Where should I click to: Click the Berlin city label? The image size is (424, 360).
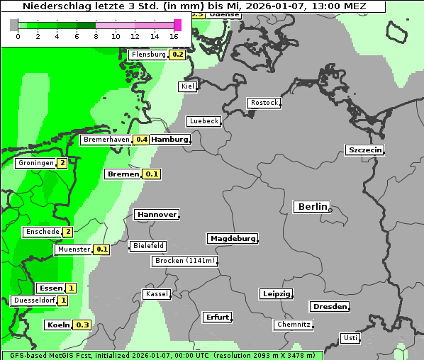click(312, 207)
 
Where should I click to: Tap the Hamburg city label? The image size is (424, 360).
click(170, 140)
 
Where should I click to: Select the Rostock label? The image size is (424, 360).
click(264, 103)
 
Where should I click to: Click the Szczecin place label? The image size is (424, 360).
click(364, 150)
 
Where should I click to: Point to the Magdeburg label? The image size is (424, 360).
click(232, 239)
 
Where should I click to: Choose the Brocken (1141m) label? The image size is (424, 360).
click(183, 261)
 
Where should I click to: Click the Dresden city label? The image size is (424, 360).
click(329, 307)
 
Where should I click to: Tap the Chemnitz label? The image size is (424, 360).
click(293, 325)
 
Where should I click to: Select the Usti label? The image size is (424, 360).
click(350, 338)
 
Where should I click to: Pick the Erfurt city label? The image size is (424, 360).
click(217, 317)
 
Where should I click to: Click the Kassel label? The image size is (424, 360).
click(157, 294)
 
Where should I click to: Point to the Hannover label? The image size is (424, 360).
click(156, 215)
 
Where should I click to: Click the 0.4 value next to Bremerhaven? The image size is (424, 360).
click(142, 140)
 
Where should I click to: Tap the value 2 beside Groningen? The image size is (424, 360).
click(62, 163)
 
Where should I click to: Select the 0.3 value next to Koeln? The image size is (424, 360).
click(82, 325)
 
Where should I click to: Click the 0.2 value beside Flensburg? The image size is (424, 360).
click(177, 55)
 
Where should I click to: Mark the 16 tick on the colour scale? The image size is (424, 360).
click(174, 36)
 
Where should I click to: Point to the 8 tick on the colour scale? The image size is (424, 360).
click(96, 36)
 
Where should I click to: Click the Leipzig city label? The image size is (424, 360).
click(277, 294)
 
